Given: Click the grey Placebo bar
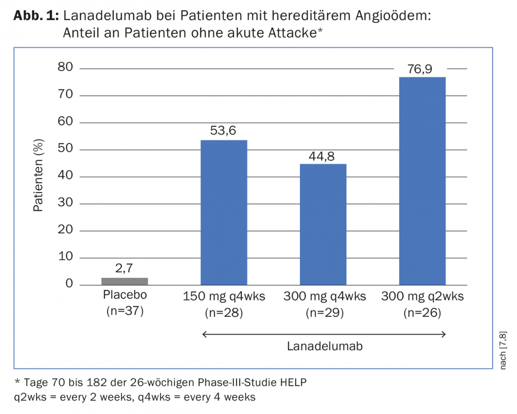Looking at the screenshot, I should pyautogui.click(x=125, y=281).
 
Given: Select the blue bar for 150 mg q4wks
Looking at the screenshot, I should pyautogui.click(x=224, y=212).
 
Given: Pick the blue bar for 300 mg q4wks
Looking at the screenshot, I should pyautogui.click(x=323, y=224).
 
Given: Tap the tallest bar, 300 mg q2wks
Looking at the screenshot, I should pyautogui.click(x=422, y=181).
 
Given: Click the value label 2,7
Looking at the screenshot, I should pyautogui.click(x=125, y=269).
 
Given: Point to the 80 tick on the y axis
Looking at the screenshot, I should pyautogui.click(x=66, y=68).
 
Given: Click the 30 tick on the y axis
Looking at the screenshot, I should pyautogui.click(x=66, y=204).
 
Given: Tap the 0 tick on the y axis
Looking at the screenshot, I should pyautogui.click(x=69, y=284).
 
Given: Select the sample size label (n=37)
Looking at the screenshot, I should pyautogui.click(x=125, y=311).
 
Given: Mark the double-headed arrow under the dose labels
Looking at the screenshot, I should pyautogui.click(x=324, y=334).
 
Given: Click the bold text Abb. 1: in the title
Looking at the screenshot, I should pyautogui.click(x=36, y=15).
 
